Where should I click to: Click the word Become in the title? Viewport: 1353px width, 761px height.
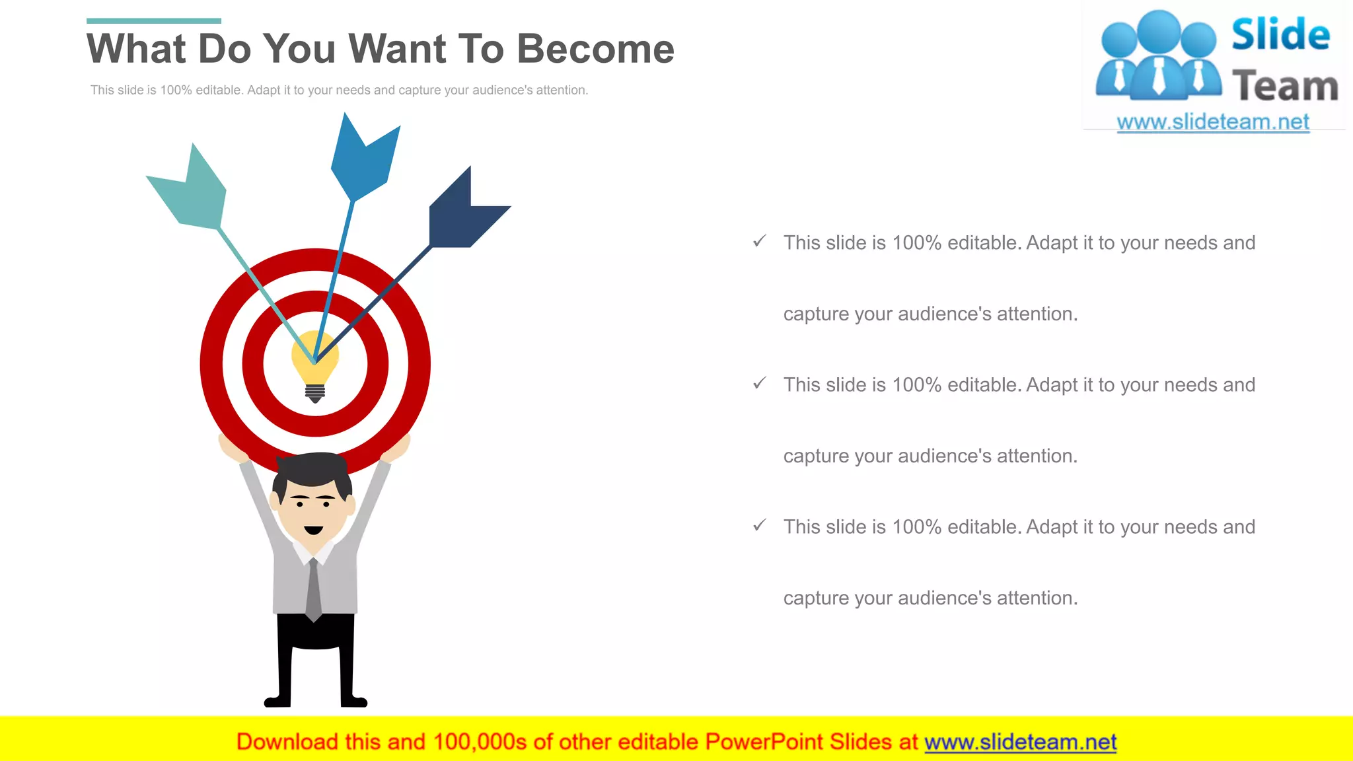tap(595, 49)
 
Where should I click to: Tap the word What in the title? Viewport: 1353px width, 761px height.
tap(136, 49)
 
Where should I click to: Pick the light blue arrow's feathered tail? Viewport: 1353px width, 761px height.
tap(364, 159)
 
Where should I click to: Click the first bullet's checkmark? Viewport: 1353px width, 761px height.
tap(760, 241)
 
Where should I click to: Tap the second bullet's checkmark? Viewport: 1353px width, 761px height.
tap(760, 383)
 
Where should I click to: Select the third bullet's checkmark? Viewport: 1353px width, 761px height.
tap(760, 525)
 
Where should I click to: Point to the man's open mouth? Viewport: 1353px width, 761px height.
tap(313, 530)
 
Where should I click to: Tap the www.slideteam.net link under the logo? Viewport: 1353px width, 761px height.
tap(1213, 122)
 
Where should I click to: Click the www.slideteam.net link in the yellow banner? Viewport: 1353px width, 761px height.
tap(1020, 742)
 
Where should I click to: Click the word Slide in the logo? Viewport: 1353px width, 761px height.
tap(1280, 35)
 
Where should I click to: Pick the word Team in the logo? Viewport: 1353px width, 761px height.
tap(1285, 87)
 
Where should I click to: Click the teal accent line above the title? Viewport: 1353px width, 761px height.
tap(154, 21)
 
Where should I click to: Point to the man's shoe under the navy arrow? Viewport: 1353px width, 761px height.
tap(354, 701)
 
